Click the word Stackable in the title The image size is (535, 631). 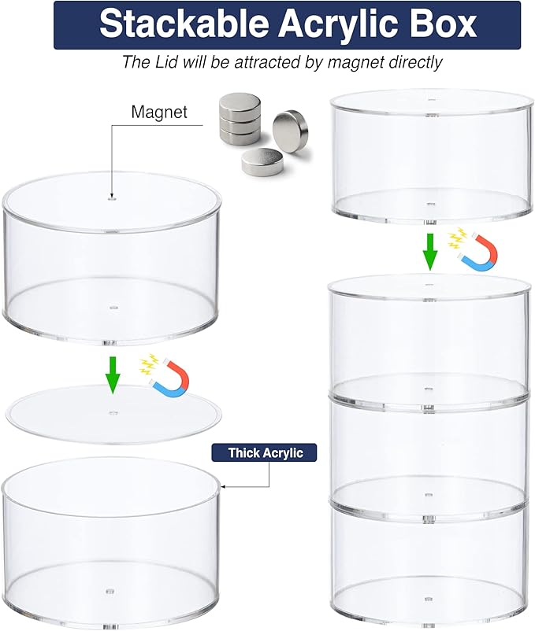point(184,24)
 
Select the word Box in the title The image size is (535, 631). point(445,24)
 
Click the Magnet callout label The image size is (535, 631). point(159,112)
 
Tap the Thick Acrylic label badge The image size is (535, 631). point(264,452)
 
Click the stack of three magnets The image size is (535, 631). point(240,118)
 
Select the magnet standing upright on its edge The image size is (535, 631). point(291,131)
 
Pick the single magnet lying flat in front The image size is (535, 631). point(262,161)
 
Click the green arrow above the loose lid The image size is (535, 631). point(113,375)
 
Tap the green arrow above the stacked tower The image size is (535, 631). point(430,252)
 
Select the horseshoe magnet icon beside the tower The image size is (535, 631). point(479,253)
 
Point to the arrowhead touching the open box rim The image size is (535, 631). point(223,487)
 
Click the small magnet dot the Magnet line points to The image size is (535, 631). point(113,198)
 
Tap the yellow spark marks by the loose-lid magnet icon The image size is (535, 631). point(147,364)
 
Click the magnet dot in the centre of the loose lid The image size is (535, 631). point(113,412)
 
